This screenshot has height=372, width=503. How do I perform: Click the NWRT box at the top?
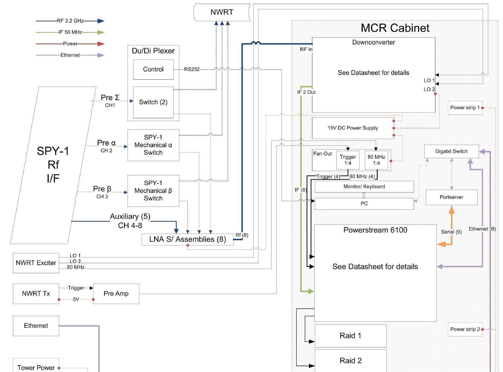click(222, 12)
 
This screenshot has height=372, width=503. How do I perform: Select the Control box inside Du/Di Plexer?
click(153, 69)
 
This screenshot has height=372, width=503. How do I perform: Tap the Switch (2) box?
click(153, 102)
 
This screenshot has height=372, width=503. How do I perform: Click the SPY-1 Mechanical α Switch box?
click(153, 145)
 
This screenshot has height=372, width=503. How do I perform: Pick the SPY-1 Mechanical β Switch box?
click(153, 191)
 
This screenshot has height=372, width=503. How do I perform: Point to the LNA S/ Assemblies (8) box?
click(188, 240)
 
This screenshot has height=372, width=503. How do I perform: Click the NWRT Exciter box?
click(36, 263)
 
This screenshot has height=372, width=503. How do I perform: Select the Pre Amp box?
click(116, 294)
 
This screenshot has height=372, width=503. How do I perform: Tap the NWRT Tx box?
click(36, 294)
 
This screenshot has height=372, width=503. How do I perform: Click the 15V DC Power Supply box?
click(353, 128)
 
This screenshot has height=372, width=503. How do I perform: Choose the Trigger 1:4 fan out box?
click(348, 160)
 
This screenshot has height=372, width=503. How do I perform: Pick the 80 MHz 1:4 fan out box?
click(376, 160)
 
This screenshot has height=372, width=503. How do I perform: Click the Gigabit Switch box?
click(452, 151)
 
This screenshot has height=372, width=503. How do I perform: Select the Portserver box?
click(452, 197)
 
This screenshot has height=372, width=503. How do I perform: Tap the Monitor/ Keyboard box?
click(364, 187)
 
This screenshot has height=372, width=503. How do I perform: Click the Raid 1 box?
click(351, 336)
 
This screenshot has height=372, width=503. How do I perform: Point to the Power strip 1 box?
click(465, 108)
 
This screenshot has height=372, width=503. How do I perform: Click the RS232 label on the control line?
click(192, 69)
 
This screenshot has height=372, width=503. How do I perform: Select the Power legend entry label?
click(70, 44)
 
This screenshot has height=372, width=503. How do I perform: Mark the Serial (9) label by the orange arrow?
click(452, 232)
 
